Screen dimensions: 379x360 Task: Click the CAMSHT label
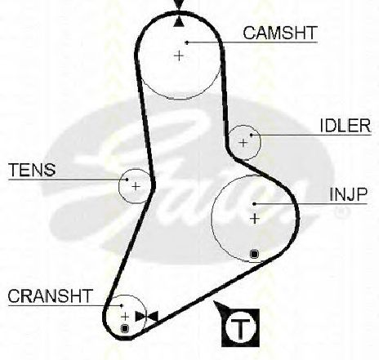pyautogui.click(x=280, y=33)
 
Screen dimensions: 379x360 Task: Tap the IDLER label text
pyautogui.click(x=346, y=126)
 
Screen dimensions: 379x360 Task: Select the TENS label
pyautogui.click(x=32, y=170)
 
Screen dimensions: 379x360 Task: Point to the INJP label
pyautogui.click(x=348, y=194)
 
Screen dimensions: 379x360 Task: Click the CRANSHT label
pyautogui.click(x=50, y=296)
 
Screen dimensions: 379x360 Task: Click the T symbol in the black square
pyautogui.click(x=240, y=327)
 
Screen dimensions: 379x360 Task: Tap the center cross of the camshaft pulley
pyautogui.click(x=179, y=56)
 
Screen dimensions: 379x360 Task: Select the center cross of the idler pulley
pyautogui.click(x=243, y=143)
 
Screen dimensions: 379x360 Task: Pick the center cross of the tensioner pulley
pyautogui.click(x=136, y=186)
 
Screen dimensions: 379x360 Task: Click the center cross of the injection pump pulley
pyautogui.click(x=255, y=219)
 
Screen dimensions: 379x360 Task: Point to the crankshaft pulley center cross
pyautogui.click(x=125, y=317)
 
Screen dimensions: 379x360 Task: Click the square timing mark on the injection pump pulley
pyautogui.click(x=254, y=254)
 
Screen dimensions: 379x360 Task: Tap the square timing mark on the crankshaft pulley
pyautogui.click(x=125, y=328)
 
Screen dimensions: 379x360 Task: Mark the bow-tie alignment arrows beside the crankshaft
pyautogui.click(x=147, y=317)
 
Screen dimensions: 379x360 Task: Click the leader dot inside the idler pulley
pyautogui.click(x=252, y=135)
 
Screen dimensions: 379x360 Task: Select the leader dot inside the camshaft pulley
pyautogui.click(x=187, y=42)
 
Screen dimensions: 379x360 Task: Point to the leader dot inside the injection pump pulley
pyautogui.click(x=254, y=204)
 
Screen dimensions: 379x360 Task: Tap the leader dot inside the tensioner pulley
pyautogui.click(x=127, y=180)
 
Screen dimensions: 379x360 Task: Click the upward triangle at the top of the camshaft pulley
pyautogui.click(x=179, y=21)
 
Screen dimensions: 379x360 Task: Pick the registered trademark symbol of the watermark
pyautogui.click(x=341, y=212)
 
